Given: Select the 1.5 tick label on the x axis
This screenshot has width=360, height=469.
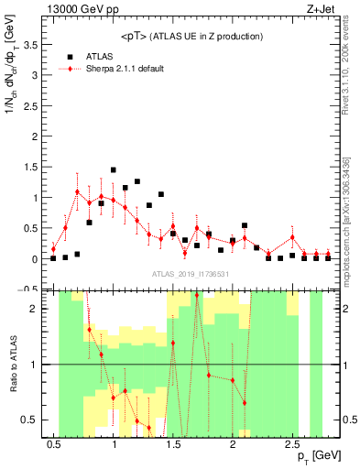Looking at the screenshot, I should (x=173, y=443).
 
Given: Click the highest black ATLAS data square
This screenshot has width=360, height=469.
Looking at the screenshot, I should (x=114, y=170).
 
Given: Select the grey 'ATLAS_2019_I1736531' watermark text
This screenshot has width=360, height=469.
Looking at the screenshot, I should (x=192, y=274).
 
